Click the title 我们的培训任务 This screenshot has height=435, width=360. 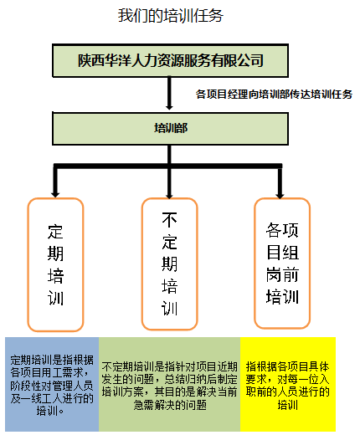(170, 15)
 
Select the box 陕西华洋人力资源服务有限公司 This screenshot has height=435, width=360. (170, 60)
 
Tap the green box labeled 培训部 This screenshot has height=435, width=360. (170, 129)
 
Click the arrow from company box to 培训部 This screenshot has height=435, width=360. (169, 94)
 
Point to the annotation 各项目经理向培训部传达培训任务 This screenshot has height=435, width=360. (274, 95)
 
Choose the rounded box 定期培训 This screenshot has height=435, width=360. (55, 264)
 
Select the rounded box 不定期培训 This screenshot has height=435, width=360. (169, 264)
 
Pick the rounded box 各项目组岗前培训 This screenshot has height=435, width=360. (282, 264)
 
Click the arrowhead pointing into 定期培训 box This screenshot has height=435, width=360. (55, 194)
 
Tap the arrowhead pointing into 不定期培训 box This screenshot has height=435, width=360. (169, 195)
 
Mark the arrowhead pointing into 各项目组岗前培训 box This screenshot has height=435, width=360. (280, 195)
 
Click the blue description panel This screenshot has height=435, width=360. (52, 384)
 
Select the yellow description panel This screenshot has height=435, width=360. (288, 384)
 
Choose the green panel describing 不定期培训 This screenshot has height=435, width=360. (170, 384)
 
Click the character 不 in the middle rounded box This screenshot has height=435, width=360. (169, 220)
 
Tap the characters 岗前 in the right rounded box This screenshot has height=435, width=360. (282, 274)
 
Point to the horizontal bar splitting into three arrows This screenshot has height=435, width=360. (168, 166)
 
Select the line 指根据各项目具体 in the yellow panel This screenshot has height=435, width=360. (288, 366)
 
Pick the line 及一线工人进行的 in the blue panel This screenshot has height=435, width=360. (52, 398)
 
